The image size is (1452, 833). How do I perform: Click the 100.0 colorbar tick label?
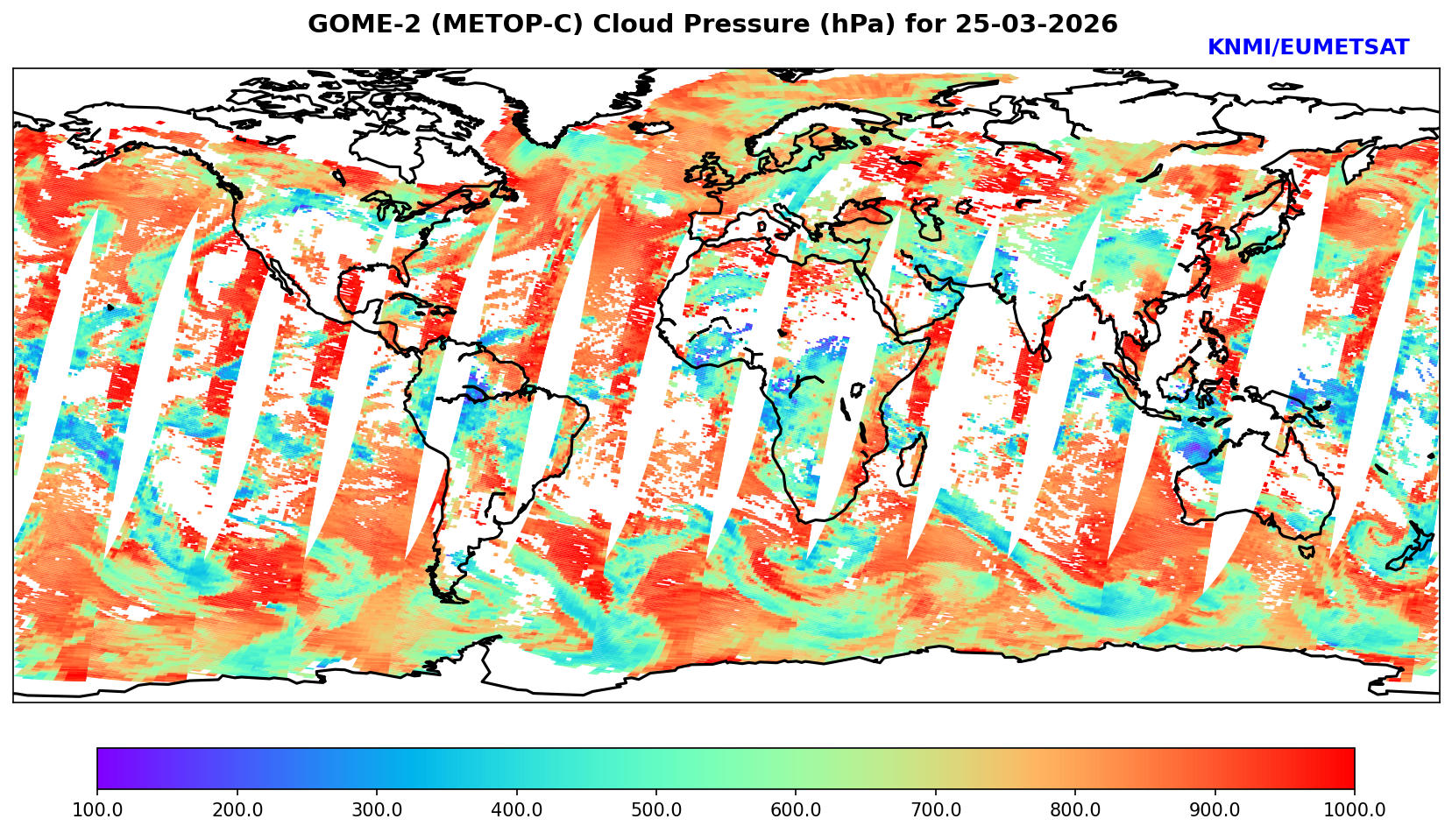coord(97,810)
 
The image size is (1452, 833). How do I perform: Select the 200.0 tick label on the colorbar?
coord(237,810)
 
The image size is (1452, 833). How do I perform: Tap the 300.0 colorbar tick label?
coord(377,810)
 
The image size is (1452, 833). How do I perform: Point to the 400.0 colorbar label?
coord(516,810)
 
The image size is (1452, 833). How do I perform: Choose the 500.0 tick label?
coord(656,810)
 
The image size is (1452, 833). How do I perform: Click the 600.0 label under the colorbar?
coord(796,810)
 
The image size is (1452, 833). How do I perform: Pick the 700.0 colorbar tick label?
coord(936,810)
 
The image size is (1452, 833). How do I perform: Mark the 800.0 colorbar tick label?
coord(1075,810)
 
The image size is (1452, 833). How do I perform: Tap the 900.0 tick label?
coord(1215,810)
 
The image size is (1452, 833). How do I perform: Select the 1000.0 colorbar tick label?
coord(1355,810)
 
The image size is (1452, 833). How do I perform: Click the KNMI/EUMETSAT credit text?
coord(1307,48)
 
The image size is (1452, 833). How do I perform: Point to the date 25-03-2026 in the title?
coord(1037,25)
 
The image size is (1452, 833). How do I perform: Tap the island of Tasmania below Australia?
coord(1306,551)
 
